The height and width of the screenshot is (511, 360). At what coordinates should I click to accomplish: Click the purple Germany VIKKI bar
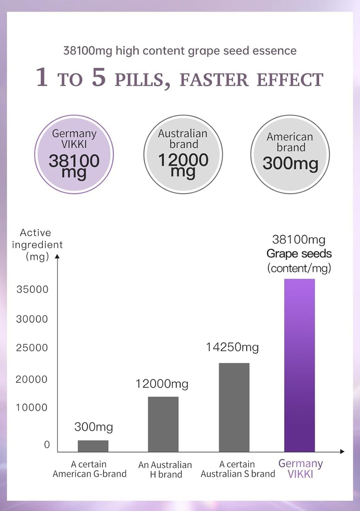[300, 365]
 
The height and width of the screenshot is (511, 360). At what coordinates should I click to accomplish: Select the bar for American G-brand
[93, 446]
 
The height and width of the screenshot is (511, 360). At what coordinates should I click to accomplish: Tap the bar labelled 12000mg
[163, 424]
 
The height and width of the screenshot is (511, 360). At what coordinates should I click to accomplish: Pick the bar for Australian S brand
[234, 407]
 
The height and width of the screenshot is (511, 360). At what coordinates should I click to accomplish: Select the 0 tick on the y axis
[47, 444]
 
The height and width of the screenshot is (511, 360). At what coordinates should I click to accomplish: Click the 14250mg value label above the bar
[232, 347]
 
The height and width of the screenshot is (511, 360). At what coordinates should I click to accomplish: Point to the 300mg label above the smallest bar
[94, 427]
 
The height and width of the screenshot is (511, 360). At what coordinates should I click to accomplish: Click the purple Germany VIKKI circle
[74, 154]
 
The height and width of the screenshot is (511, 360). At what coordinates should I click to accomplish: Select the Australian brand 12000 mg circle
[183, 154]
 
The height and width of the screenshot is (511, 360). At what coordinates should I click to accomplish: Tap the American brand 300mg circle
[290, 154]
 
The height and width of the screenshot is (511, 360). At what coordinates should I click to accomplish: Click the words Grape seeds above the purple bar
[299, 254]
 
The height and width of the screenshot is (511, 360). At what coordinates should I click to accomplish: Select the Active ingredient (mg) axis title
[37, 245]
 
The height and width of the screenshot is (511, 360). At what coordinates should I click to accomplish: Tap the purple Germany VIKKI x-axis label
[301, 469]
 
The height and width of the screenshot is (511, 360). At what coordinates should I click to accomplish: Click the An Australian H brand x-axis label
[165, 470]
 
